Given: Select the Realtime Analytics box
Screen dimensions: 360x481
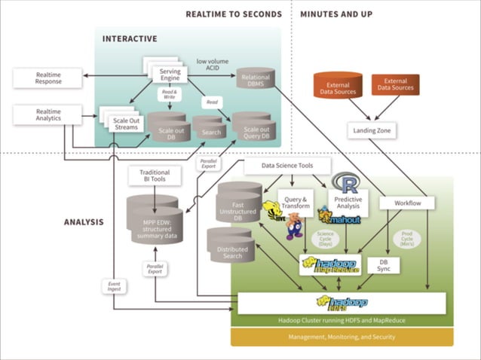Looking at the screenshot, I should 47,114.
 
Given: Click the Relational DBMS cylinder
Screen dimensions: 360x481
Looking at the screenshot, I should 259,80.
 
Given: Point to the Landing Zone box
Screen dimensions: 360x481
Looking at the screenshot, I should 374,130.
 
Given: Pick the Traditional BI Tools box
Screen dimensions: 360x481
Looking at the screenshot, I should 155,176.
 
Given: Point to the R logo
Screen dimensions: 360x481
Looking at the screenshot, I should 348,184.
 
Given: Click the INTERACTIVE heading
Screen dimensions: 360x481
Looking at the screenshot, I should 130,38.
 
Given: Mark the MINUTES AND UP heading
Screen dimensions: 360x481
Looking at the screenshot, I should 336,14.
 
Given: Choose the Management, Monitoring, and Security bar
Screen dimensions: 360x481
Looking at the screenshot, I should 342,337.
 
